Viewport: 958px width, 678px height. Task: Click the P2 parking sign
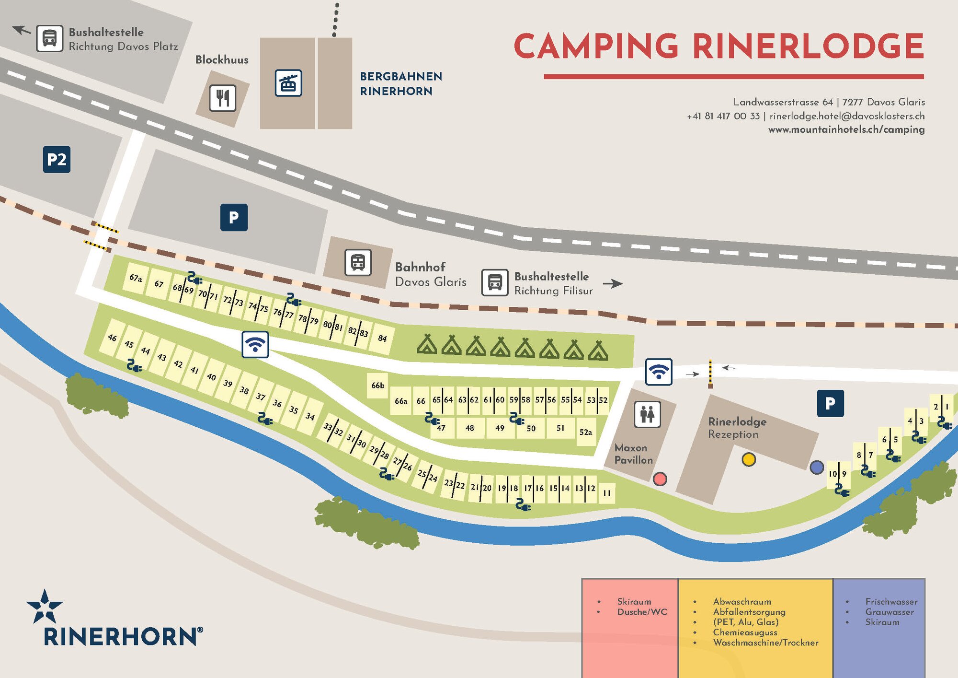57,159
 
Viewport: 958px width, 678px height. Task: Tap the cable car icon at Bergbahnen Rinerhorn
288,83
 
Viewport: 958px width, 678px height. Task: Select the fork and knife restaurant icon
223,98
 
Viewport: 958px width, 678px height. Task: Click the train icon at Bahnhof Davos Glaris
358,262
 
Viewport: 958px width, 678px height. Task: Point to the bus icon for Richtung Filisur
494,282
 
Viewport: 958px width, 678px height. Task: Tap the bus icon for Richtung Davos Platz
49,38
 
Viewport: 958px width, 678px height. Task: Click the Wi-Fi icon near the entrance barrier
658,372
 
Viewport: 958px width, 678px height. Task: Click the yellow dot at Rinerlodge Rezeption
748,459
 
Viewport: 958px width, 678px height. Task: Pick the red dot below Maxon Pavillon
660,479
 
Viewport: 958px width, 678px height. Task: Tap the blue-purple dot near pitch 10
816,467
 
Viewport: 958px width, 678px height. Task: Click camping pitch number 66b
377,386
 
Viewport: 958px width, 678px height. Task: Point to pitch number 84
382,339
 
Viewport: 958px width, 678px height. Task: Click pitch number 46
112,338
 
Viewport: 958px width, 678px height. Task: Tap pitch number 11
606,493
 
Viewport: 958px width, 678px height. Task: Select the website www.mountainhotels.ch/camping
846,129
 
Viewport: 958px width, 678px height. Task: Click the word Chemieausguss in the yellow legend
745,632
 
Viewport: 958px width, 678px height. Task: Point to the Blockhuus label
222,60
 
